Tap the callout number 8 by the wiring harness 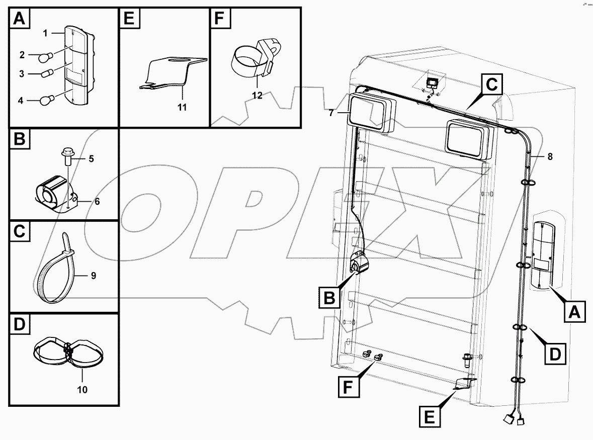point(549,156)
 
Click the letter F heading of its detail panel point(218,19)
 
